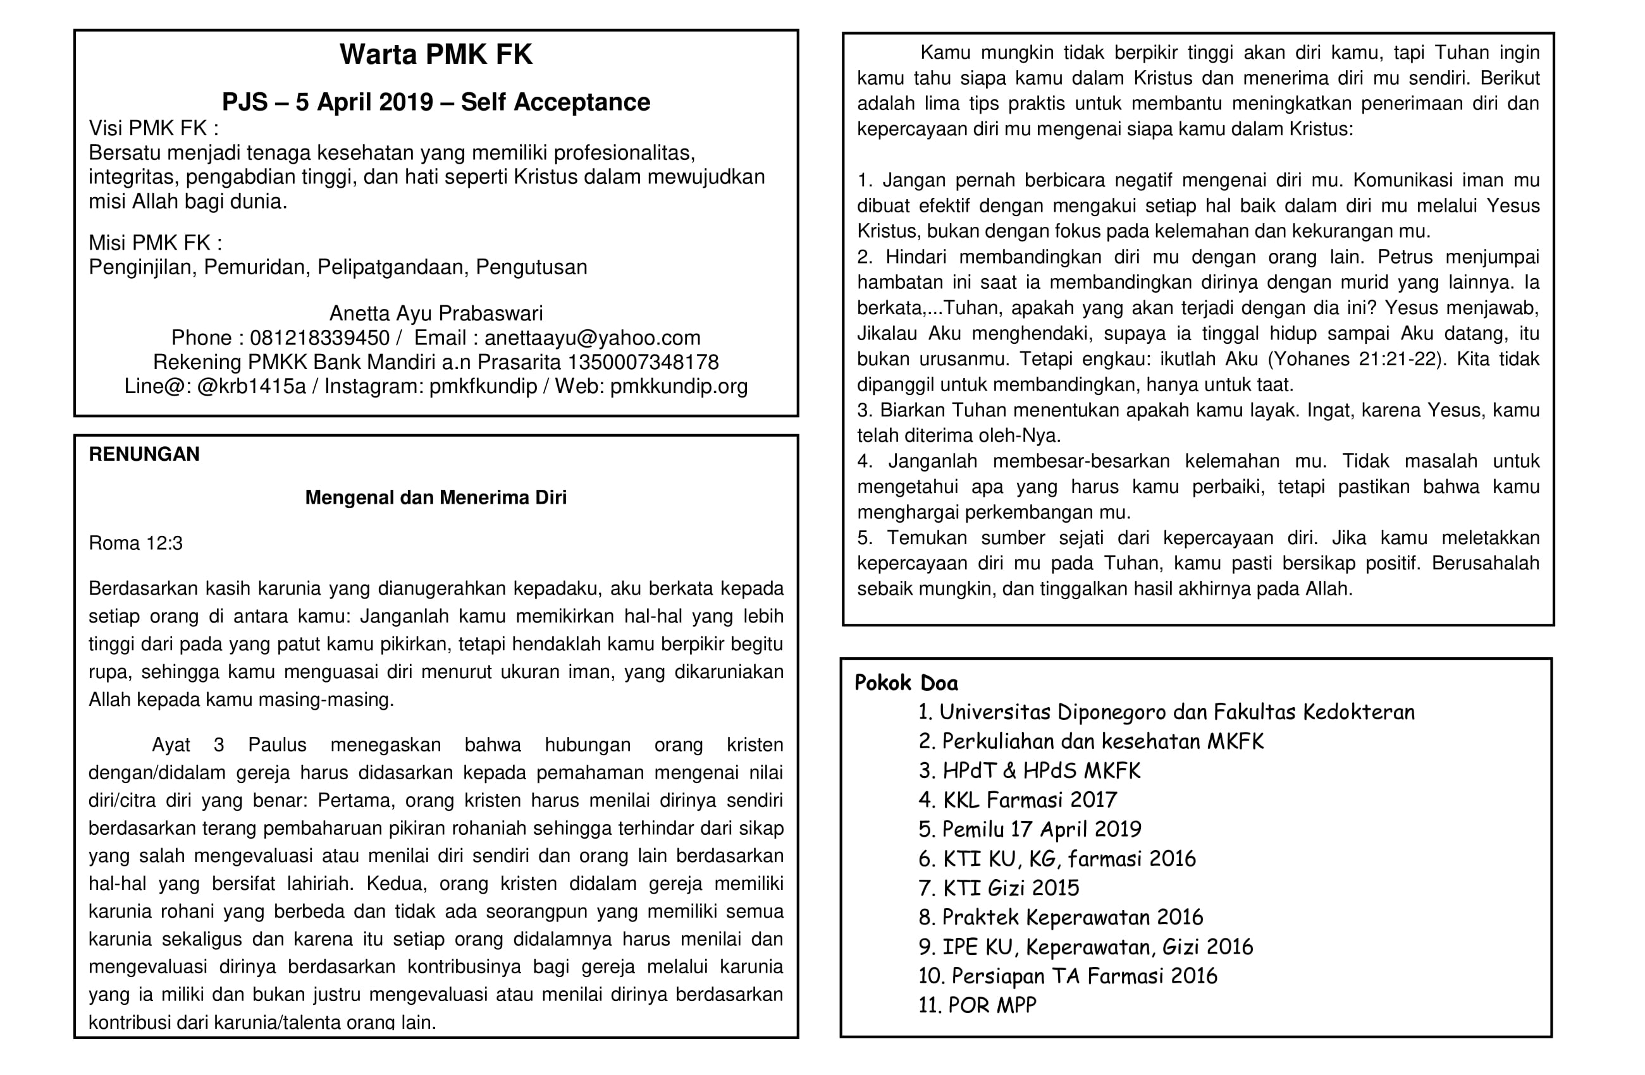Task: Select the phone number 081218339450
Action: tap(319, 338)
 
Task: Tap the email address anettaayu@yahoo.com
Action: tap(593, 338)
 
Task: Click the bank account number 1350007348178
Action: tap(643, 362)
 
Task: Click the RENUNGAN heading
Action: tap(144, 454)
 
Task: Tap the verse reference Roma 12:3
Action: tap(135, 543)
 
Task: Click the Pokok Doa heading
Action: tap(906, 683)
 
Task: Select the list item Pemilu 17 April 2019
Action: tap(1030, 829)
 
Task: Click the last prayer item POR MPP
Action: tap(977, 1005)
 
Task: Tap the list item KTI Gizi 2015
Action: tap(999, 888)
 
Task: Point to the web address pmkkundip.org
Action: tap(679, 386)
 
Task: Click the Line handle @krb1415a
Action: tap(251, 386)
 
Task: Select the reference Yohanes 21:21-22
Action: tap(1353, 359)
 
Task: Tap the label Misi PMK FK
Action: tap(155, 243)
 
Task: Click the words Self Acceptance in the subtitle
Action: tap(555, 102)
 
